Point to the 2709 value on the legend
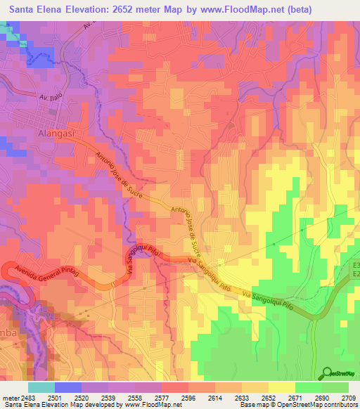pyautogui.click(x=349, y=397)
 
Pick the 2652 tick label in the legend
pyautogui.click(x=269, y=397)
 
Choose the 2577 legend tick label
pyautogui.click(x=162, y=397)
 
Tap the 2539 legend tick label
pyautogui.click(x=108, y=397)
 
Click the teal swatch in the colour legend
pyautogui.click(x=41, y=387)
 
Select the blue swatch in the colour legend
pyautogui.click(x=68, y=387)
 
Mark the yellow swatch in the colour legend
pyautogui.click(x=282, y=387)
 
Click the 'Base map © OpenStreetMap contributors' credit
pyautogui.click(x=298, y=405)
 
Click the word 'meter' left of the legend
pyautogui.click(x=9, y=397)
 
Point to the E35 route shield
pyautogui.click(x=355, y=267)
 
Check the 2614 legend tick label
pyautogui.click(x=215, y=397)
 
